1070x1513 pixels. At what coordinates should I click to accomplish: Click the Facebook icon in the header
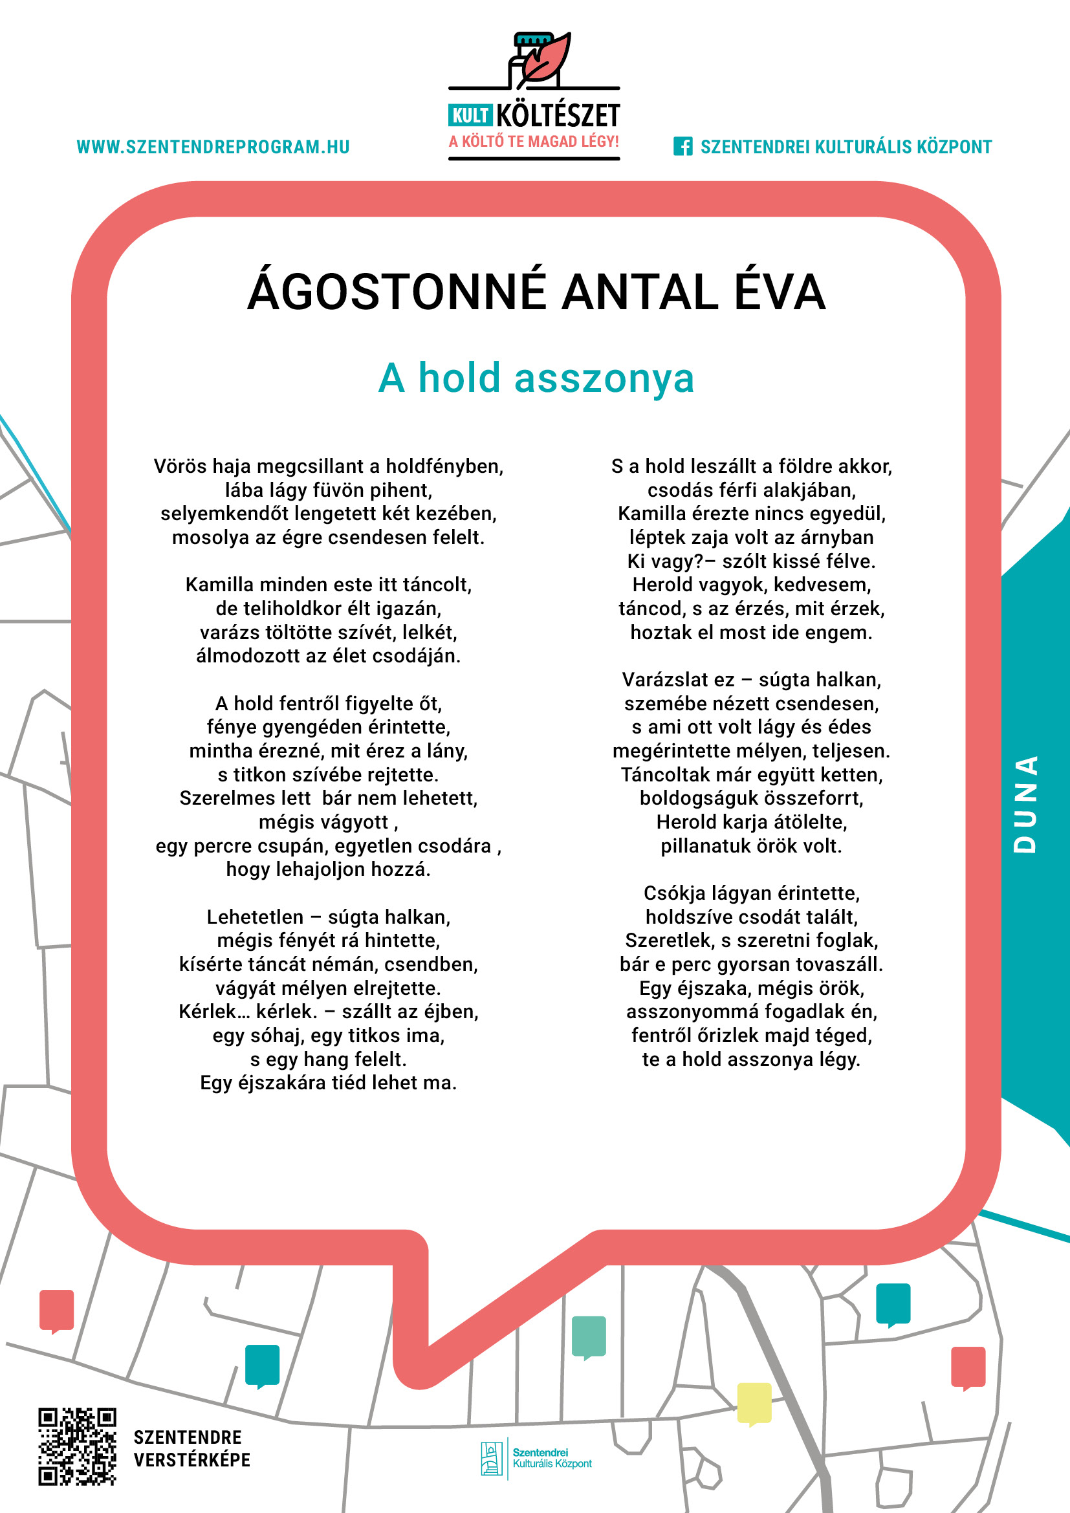pyautogui.click(x=682, y=146)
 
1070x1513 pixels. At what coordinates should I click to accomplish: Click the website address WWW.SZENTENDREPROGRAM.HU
pyautogui.click(x=213, y=147)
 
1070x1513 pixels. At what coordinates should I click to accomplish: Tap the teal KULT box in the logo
pyautogui.click(x=470, y=116)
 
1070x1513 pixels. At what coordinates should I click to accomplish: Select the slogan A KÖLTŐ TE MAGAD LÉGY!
pyautogui.click(x=534, y=142)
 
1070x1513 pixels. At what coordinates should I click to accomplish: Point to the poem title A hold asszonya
pyautogui.click(x=536, y=378)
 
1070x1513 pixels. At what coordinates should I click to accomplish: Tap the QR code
pyautogui.click(x=77, y=1446)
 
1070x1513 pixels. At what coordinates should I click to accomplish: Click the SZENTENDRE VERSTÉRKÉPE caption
pyautogui.click(x=191, y=1448)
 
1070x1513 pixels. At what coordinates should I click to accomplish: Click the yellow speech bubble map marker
pyautogui.click(x=754, y=1403)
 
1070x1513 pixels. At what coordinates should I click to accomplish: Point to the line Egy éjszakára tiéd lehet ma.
pyautogui.click(x=328, y=1083)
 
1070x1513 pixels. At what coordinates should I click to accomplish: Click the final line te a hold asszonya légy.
pyautogui.click(x=751, y=1059)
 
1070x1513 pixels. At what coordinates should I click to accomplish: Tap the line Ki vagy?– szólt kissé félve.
pyautogui.click(x=751, y=561)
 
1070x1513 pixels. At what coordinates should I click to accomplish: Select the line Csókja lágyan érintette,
pyautogui.click(x=751, y=893)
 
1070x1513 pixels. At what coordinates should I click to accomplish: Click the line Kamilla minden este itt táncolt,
pyautogui.click(x=328, y=585)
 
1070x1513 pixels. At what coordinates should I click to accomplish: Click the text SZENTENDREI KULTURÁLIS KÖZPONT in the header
pyautogui.click(x=846, y=147)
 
